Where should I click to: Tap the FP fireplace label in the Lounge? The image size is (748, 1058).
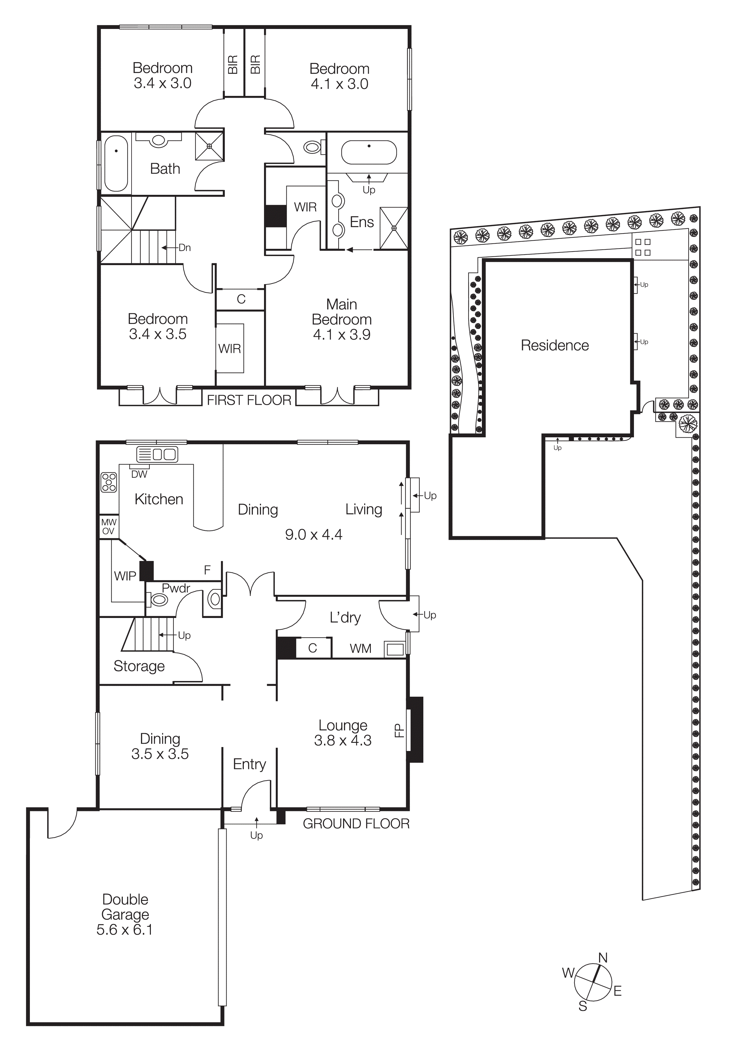coord(399,731)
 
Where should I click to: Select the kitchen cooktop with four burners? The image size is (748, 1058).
coord(109,483)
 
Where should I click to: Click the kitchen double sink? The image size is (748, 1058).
coord(164,454)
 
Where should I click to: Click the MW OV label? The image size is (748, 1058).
coord(109,527)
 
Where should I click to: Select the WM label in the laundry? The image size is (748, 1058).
coord(360,648)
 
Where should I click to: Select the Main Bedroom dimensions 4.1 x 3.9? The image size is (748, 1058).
coord(342,334)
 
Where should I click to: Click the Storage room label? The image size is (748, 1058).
coord(139,666)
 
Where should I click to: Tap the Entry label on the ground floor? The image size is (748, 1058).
coord(249,764)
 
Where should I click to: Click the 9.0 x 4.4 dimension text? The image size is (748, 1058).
coord(314,534)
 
